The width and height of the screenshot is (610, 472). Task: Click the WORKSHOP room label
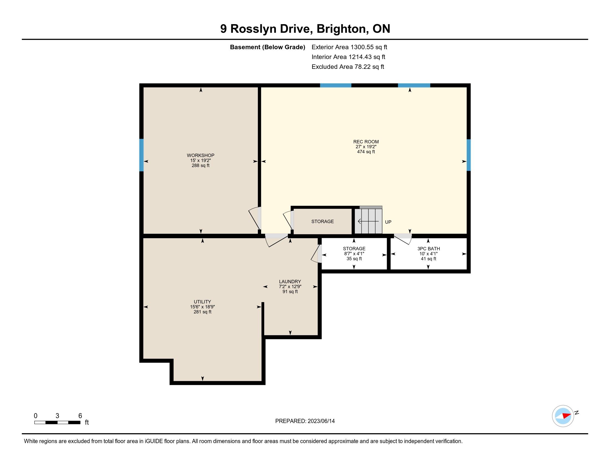[x=200, y=155]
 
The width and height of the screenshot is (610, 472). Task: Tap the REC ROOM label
[x=366, y=142]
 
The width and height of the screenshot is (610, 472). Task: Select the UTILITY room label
[x=202, y=302]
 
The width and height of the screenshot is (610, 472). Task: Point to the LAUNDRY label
[x=290, y=282]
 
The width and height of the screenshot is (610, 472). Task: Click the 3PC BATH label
[x=428, y=248]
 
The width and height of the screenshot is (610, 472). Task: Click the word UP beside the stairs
[x=388, y=222]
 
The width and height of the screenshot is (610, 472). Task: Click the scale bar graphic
[x=57, y=423]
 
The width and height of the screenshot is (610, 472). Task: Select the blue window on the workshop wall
[x=141, y=155]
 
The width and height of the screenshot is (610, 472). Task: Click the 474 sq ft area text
[x=366, y=152]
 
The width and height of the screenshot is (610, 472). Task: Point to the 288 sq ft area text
[x=200, y=165]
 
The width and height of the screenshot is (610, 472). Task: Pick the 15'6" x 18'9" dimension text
[x=202, y=307]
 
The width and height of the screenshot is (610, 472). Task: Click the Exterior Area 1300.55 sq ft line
[x=349, y=47]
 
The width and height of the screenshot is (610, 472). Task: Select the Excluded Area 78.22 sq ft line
[x=348, y=67]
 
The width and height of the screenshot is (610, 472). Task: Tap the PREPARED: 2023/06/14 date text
[x=305, y=421]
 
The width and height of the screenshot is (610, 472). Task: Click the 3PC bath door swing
[x=403, y=238]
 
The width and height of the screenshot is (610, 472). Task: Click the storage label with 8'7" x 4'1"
[x=354, y=248]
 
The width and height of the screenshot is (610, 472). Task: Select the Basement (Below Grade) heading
[x=267, y=47]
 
